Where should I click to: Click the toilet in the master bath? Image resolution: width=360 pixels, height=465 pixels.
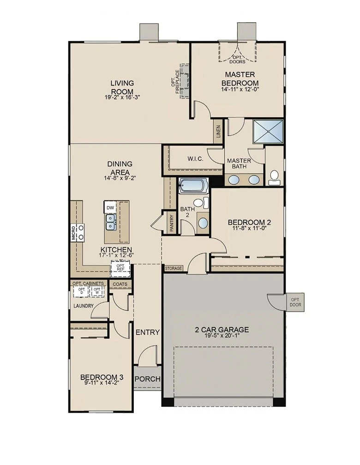coord(274,178)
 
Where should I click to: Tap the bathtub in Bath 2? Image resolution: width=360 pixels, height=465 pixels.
coord(193,186)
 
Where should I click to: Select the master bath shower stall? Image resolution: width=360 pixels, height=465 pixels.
coord(268,131)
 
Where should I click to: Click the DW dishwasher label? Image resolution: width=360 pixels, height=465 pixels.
coord(110,208)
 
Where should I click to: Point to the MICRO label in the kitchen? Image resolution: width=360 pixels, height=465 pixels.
coord(73,233)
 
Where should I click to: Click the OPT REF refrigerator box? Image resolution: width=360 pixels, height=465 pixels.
coord(120,267)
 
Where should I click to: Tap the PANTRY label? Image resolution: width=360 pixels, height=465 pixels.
coord(172,223)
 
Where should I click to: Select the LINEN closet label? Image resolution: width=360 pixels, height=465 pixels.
coord(218,132)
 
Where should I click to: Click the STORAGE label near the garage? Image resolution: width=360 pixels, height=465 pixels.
coord(174,268)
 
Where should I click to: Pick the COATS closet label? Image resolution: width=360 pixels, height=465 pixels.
coord(120,284)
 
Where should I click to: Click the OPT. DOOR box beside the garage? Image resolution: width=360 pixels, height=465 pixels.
coord(295,302)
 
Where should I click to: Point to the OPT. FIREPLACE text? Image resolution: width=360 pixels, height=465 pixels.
coord(175,82)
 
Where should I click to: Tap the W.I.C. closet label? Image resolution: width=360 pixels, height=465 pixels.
coord(195,159)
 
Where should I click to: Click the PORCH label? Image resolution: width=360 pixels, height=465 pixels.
coord(148,379)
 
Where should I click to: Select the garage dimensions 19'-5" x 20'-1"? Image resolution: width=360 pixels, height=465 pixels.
coord(222,335)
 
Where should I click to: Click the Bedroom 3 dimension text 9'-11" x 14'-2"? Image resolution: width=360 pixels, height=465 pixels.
coord(102,382)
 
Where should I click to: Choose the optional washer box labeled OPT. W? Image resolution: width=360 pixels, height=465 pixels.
coord(97,291)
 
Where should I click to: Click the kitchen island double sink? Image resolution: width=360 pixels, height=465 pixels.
coord(110,222)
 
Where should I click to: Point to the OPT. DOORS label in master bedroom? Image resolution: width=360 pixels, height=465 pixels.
coord(238,59)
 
